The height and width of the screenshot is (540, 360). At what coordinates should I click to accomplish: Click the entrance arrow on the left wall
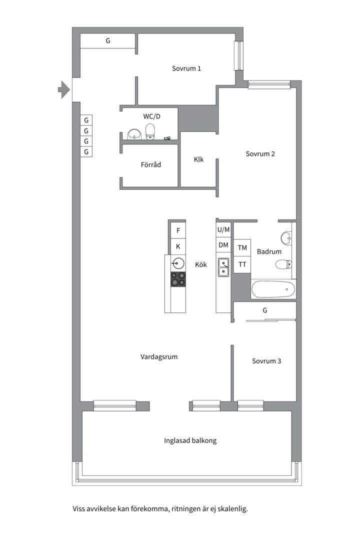[x=63, y=89]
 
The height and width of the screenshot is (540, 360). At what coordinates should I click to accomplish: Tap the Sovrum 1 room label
[x=186, y=68]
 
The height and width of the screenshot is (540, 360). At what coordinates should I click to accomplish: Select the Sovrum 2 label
[x=260, y=154]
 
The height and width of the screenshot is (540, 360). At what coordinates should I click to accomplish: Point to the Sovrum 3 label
[x=266, y=360]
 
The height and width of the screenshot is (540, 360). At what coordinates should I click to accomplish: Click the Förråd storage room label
[x=150, y=164]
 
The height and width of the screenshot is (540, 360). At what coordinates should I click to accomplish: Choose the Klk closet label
[x=198, y=160]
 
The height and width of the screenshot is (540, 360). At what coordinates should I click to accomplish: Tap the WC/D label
[x=152, y=116]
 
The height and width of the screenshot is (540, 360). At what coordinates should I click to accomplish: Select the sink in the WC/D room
[x=134, y=133]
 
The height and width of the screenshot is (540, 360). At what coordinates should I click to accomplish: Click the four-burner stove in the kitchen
[x=178, y=279]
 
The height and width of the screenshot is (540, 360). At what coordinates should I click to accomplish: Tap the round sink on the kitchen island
[x=178, y=263]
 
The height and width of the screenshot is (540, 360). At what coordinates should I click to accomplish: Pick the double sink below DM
[x=223, y=267]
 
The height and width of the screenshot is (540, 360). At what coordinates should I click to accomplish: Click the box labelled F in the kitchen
[x=177, y=230]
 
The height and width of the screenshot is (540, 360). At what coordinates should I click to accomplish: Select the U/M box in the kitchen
[x=223, y=229]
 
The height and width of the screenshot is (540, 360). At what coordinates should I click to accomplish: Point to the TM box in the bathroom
[x=242, y=247]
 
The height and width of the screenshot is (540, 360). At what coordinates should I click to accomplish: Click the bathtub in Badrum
[x=273, y=289]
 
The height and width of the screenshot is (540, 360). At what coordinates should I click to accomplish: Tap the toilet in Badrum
[x=283, y=264]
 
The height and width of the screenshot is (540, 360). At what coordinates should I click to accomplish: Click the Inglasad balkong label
[x=190, y=440]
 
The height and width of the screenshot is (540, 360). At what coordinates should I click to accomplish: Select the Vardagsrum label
[x=159, y=357]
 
